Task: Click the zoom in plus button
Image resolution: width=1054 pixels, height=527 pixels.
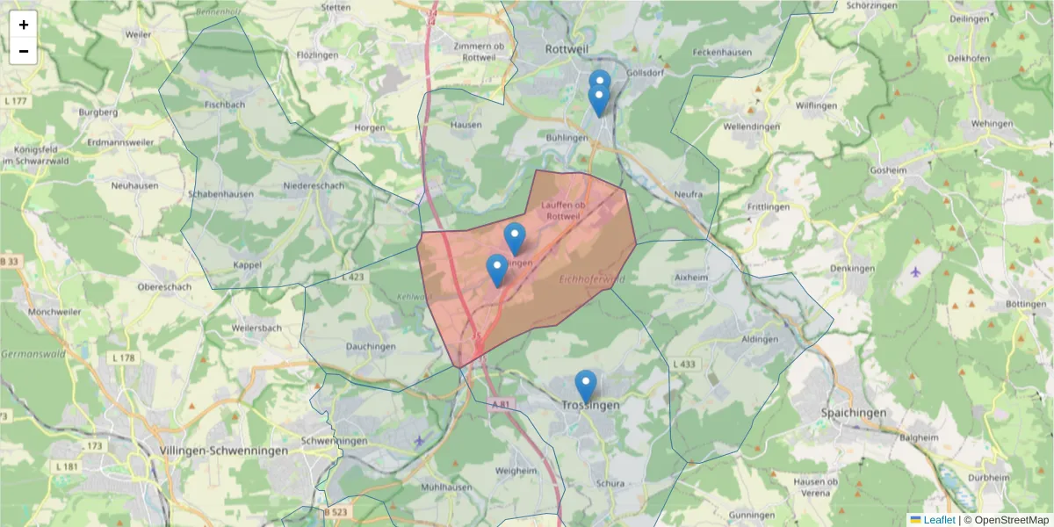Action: pyautogui.click(x=24, y=25)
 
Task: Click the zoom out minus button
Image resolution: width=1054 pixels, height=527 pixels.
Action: pyautogui.click(x=24, y=51)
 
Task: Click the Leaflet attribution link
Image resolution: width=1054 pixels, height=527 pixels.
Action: pyautogui.click(x=938, y=520)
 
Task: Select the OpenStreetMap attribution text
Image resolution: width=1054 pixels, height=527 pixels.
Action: pyautogui.click(x=1006, y=520)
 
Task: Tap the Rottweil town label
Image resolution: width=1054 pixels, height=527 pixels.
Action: pyautogui.click(x=567, y=49)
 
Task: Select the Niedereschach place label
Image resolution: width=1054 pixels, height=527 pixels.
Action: pyautogui.click(x=314, y=186)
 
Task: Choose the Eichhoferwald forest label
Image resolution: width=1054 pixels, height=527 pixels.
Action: pyautogui.click(x=591, y=278)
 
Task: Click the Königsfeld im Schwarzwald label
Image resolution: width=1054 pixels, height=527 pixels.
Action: pyautogui.click(x=36, y=155)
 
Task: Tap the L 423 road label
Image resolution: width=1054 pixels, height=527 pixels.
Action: pyautogui.click(x=352, y=277)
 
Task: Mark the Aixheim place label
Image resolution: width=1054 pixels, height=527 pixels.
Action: pyautogui.click(x=690, y=277)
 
